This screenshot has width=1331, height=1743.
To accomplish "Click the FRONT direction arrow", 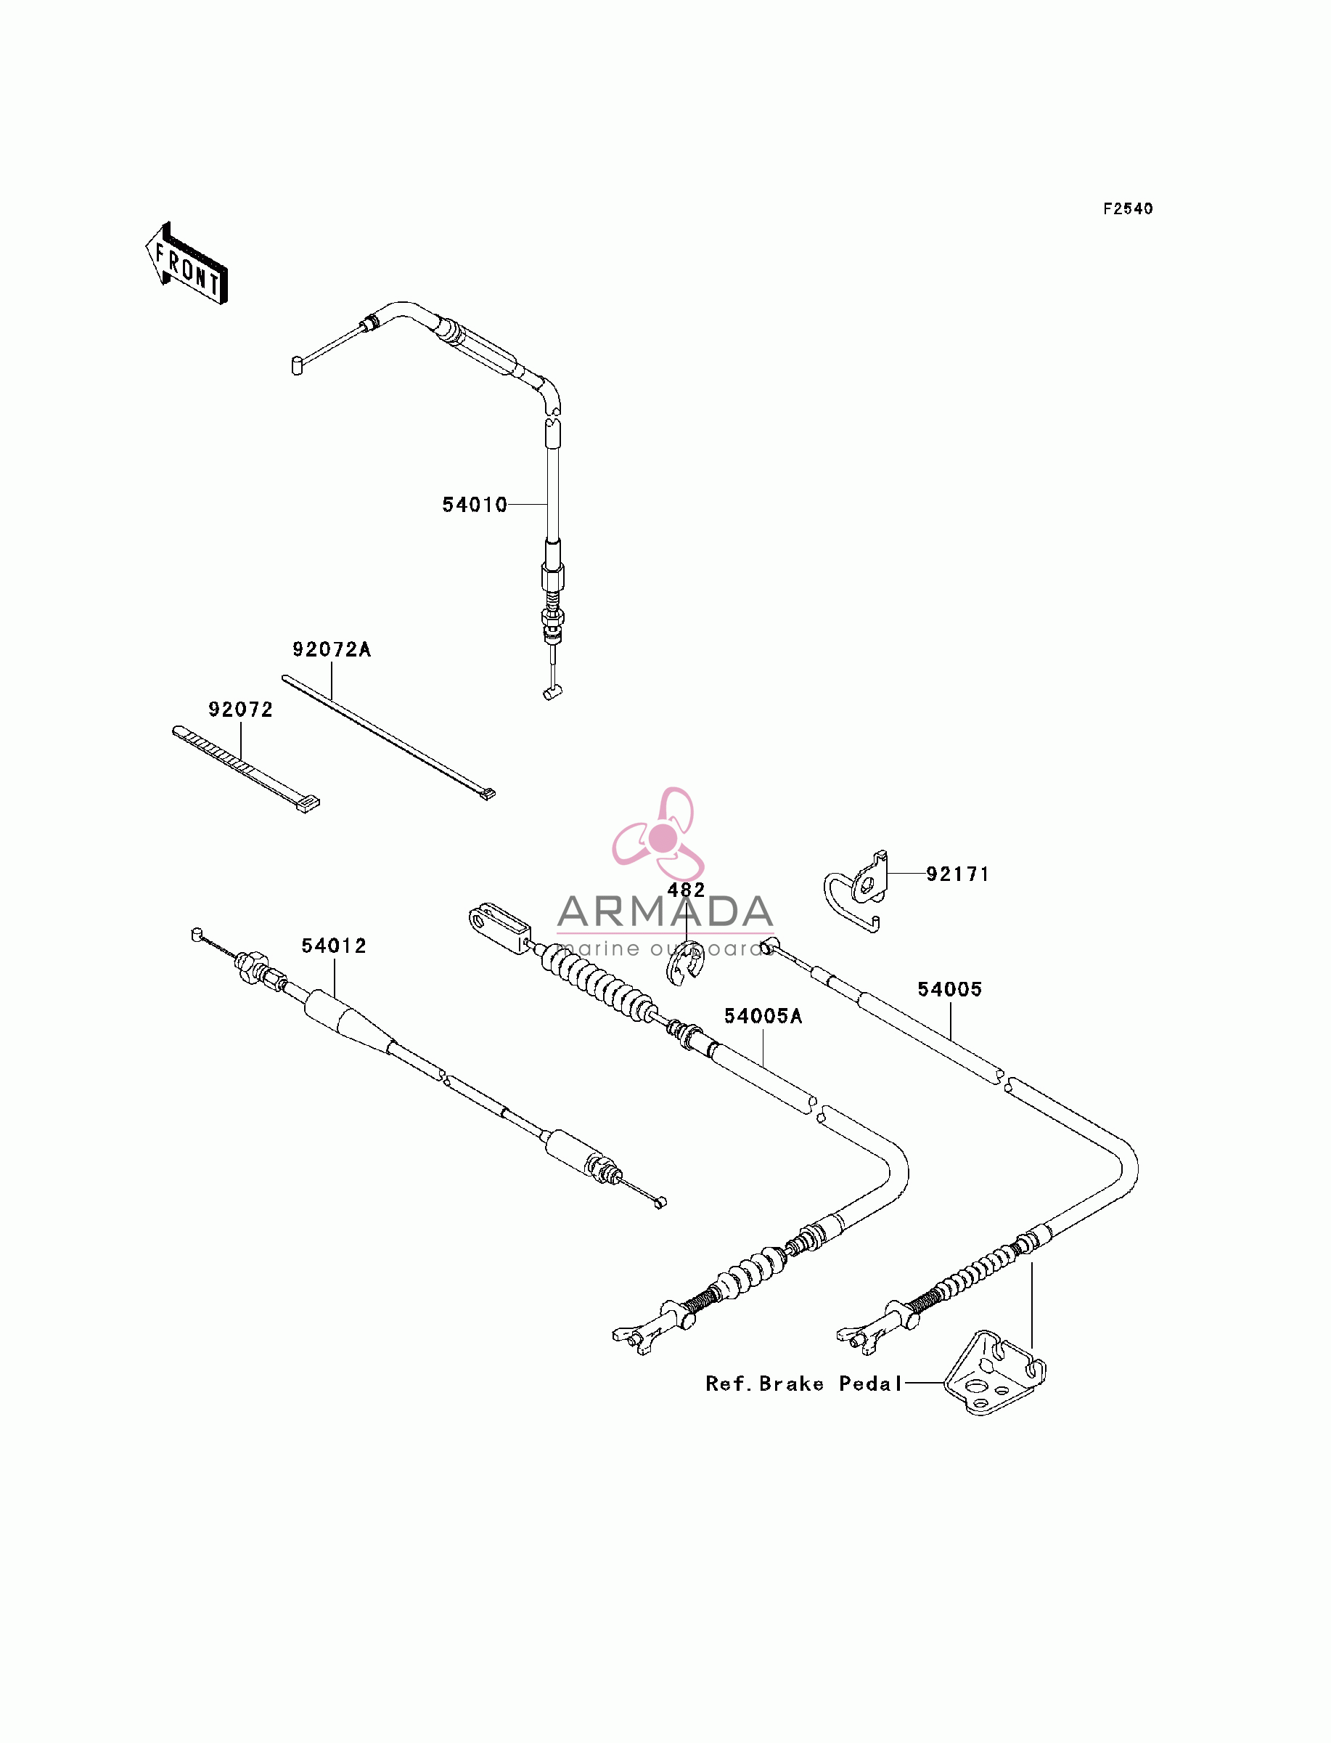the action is click(x=187, y=264).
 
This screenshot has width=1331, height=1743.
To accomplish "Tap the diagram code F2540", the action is click(x=1129, y=208).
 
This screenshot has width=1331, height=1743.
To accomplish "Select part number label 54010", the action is click(x=475, y=505).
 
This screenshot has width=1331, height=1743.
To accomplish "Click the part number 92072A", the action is click(x=331, y=649).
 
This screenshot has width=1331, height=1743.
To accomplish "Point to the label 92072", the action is click(x=240, y=710).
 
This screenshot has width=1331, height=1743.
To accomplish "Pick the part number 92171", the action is click(x=958, y=874).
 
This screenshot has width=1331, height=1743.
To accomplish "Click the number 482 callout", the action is click(x=686, y=890).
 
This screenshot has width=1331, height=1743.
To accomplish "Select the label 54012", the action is click(x=334, y=946).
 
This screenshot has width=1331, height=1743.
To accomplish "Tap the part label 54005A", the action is click(x=763, y=1016).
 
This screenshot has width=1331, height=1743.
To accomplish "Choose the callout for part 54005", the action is click(x=950, y=989).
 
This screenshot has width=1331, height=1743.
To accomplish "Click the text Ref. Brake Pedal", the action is click(x=804, y=1384).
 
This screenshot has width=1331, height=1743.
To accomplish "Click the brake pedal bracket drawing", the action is click(x=995, y=1374).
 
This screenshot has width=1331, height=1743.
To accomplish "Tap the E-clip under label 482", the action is click(x=684, y=962).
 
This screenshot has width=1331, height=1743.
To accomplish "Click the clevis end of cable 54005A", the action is click(x=499, y=928).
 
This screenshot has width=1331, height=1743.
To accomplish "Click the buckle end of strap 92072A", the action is click(x=486, y=793).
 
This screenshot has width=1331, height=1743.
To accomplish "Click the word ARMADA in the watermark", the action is click(x=665, y=911).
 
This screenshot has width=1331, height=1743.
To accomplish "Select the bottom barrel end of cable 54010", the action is click(x=553, y=693).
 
